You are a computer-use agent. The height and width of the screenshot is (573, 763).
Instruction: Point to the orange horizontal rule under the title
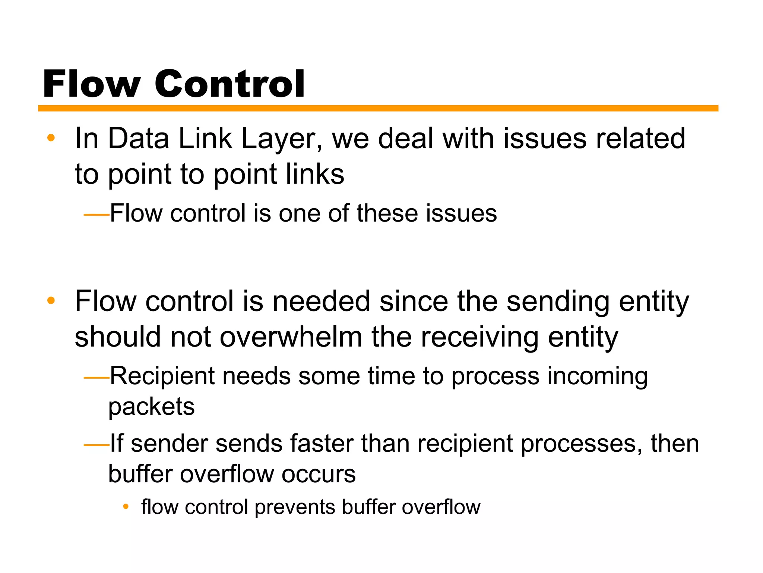click(x=378, y=108)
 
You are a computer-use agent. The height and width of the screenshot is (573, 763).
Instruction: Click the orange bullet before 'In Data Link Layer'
click(x=51, y=138)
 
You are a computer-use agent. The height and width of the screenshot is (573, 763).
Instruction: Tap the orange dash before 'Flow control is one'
click(x=96, y=215)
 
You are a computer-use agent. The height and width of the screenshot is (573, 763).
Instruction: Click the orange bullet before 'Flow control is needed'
click(x=51, y=301)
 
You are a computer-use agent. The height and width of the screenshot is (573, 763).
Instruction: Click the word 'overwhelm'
click(x=291, y=337)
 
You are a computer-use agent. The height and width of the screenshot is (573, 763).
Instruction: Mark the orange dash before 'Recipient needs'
click(x=96, y=378)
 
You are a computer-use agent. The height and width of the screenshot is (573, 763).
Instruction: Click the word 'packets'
click(x=151, y=407)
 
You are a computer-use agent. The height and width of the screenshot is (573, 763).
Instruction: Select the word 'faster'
click(x=322, y=444)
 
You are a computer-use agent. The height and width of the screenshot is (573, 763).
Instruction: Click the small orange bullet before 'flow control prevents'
click(x=126, y=507)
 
